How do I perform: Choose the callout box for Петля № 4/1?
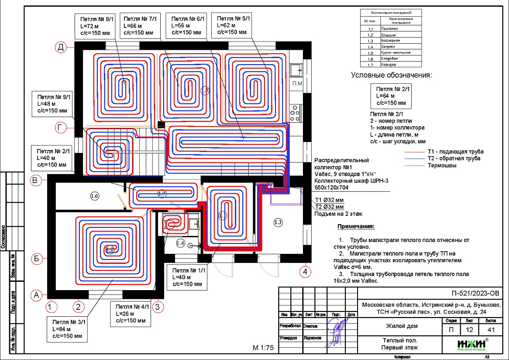coord(131,313)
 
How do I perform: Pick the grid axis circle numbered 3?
coord(159,307)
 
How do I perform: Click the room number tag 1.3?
coord(278,222)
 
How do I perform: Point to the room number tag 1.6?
coord(94,196)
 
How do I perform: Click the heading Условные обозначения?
coord(391,75)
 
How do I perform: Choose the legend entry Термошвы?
coord(442,166)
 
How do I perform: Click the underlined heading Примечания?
coord(356,227)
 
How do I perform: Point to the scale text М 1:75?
coord(263,348)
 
